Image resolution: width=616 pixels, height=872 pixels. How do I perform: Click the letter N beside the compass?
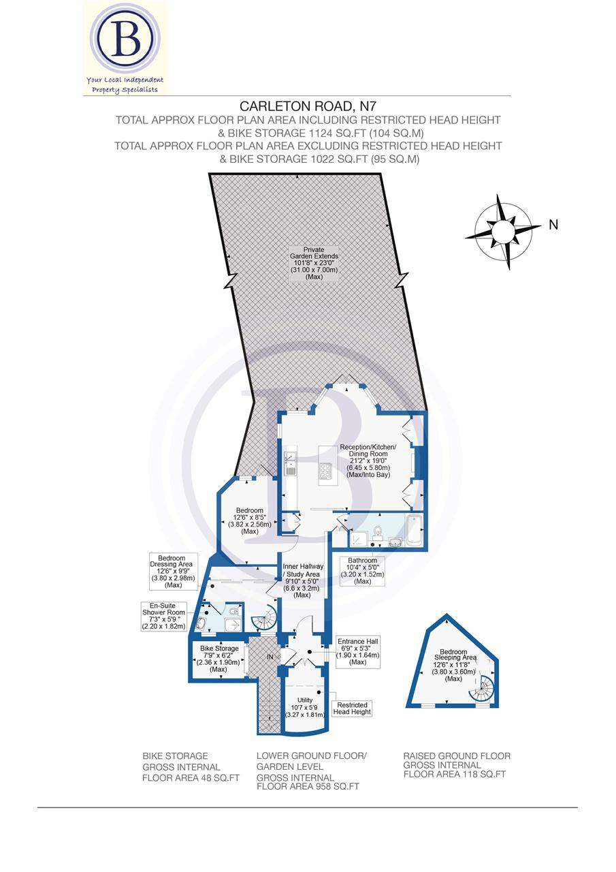pos(553,225)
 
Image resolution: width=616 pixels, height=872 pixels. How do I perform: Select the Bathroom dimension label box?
pos(363,571)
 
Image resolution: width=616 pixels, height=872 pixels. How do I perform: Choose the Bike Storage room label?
pos(218,659)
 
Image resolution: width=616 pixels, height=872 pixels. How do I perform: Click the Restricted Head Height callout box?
pos(351,708)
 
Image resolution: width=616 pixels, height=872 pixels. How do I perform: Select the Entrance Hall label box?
pos(357,651)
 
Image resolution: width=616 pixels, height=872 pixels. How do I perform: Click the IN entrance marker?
pos(271,657)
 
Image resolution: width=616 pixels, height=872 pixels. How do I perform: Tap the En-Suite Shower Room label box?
pos(163,616)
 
